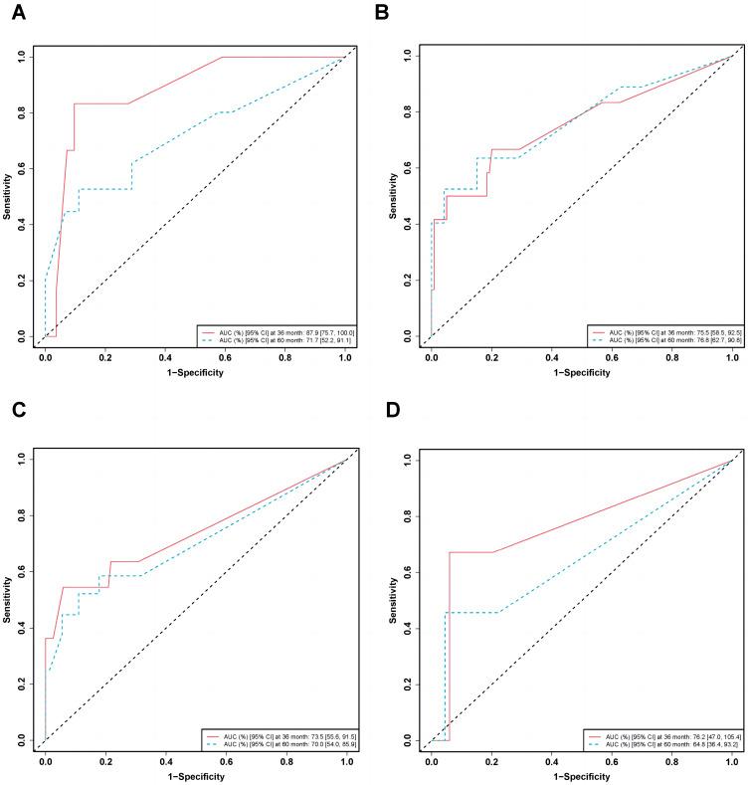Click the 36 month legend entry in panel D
coord(661,733)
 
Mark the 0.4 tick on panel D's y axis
coord(409,628)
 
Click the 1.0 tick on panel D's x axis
coord(731,760)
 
